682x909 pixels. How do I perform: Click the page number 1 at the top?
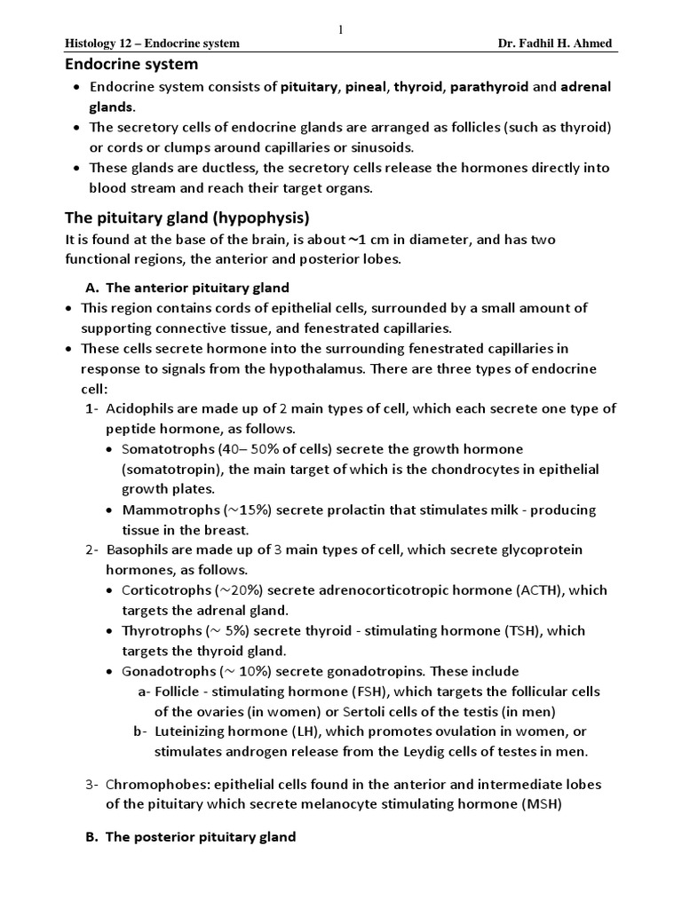click(340, 30)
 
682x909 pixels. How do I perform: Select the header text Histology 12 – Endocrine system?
click(153, 43)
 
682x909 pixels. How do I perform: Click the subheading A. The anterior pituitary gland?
click(187, 288)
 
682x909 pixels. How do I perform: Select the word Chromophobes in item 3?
click(150, 785)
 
